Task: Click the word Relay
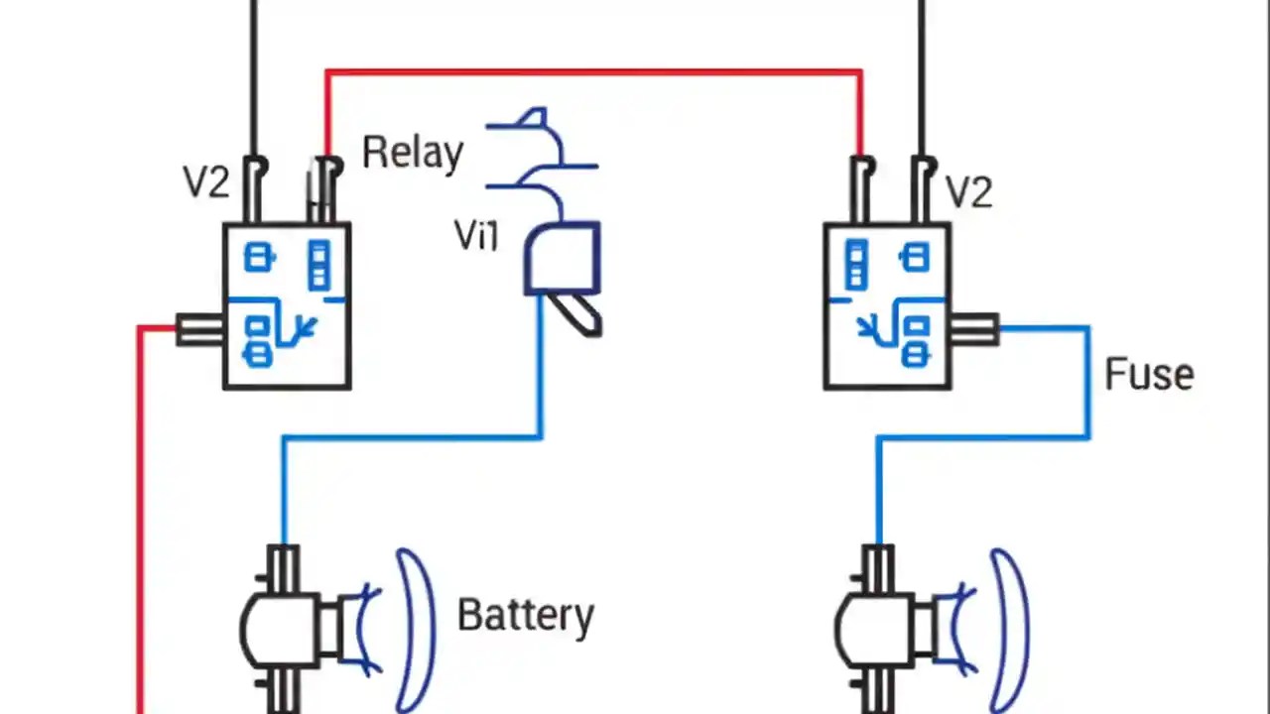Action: pos(412,153)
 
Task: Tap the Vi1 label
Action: pos(476,236)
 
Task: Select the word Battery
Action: pos(525,615)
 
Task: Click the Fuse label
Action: pos(1149,375)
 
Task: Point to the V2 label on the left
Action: pos(206,181)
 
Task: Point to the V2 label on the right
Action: pos(967,191)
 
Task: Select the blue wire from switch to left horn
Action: pos(412,436)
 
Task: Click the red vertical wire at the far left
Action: pos(141,516)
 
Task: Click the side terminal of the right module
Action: pos(974,328)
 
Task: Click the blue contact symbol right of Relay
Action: pos(541,149)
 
